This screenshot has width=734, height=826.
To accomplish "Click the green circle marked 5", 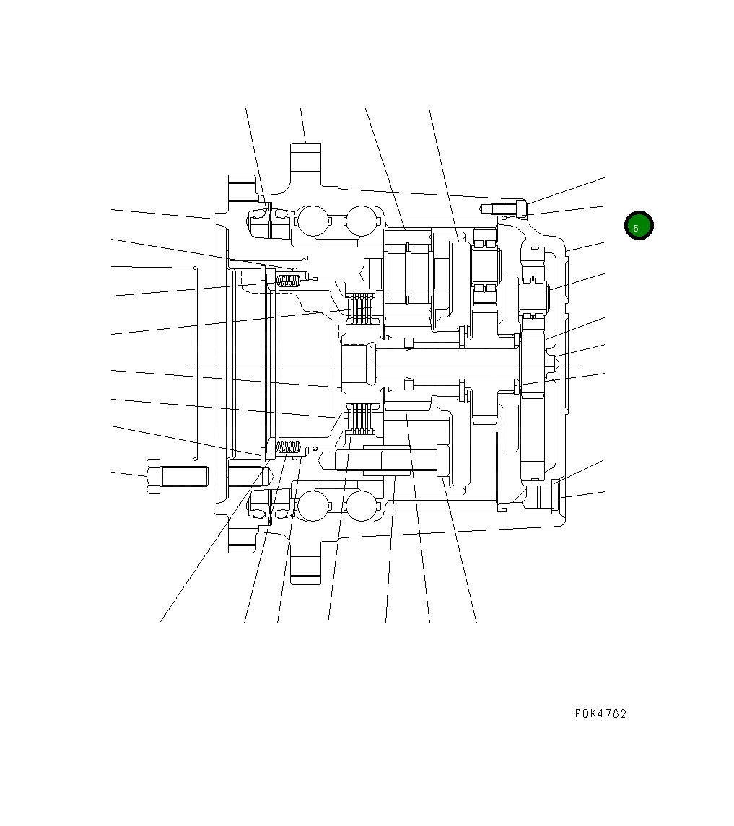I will [x=638, y=226].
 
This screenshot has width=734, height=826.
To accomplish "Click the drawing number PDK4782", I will [x=600, y=713].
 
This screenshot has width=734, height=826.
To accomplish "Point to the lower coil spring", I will [x=289, y=448].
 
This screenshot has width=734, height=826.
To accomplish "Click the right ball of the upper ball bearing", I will [x=361, y=220].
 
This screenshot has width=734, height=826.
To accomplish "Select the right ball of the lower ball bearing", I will [x=361, y=506].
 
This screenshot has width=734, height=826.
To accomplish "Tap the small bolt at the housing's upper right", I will [x=504, y=208].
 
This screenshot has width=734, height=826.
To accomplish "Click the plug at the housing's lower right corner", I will [x=556, y=496].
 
